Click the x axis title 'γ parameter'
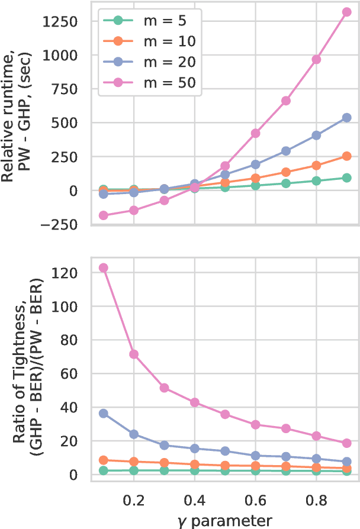[225, 520]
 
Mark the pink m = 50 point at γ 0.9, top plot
[346, 12]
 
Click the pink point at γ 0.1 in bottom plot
[104, 267]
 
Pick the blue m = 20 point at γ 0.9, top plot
[346, 118]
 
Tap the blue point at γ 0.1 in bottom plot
[104, 414]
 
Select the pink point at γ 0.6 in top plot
[255, 133]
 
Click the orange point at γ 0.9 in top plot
[346, 156]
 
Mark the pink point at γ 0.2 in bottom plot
[134, 354]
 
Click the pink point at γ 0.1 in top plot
[104, 215]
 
